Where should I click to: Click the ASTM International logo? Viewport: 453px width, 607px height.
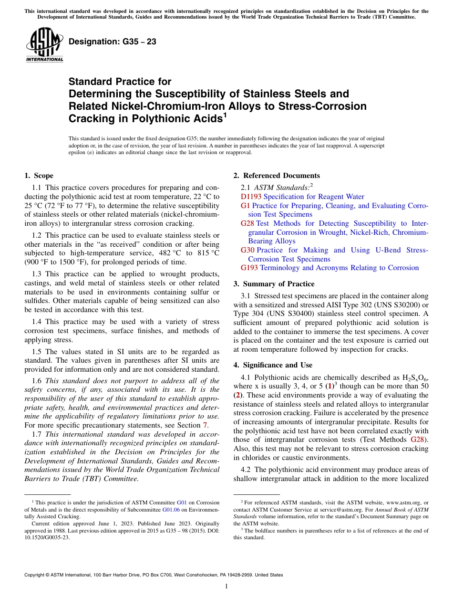(x=44, y=45)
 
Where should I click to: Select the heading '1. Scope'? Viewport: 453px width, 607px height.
(x=39, y=176)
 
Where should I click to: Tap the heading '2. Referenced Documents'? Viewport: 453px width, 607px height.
(x=277, y=176)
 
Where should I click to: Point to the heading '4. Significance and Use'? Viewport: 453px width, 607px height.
(x=273, y=365)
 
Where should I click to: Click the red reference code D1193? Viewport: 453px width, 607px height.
(x=251, y=197)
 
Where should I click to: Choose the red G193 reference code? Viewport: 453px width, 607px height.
(x=249, y=268)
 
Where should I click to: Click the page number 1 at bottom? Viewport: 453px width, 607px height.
(x=226, y=586)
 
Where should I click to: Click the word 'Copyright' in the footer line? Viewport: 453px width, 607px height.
(x=37, y=575)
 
